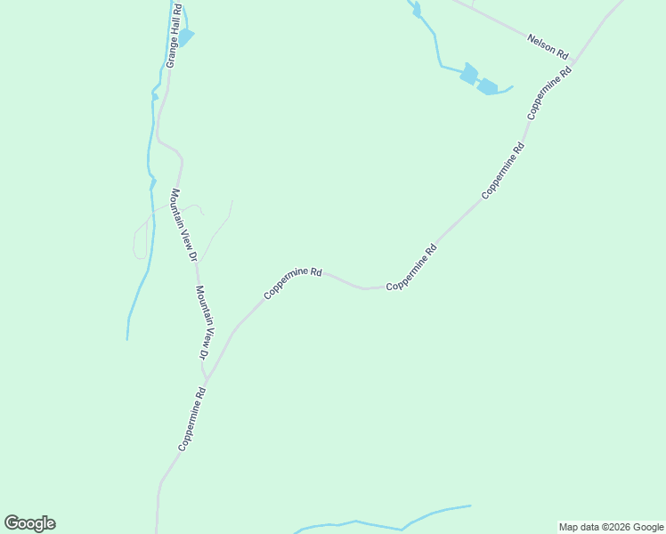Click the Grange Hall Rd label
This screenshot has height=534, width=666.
pyautogui.click(x=174, y=36)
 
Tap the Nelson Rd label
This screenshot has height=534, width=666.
pyautogui.click(x=547, y=46)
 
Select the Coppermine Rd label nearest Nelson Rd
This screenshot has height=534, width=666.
pyautogui.click(x=548, y=93)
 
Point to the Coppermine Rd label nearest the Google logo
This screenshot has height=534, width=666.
pyautogui.click(x=193, y=418)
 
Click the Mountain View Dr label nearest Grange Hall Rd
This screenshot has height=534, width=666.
pyautogui.click(x=183, y=224)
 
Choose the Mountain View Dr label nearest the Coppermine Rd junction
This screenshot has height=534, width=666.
pyautogui.click(x=206, y=322)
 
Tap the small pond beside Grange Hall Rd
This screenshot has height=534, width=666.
pyautogui.click(x=185, y=36)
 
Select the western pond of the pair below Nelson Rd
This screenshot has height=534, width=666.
pyautogui.click(x=468, y=74)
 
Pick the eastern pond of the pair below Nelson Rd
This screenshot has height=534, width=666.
pyautogui.click(x=488, y=86)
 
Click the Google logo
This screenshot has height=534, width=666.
pyautogui.click(x=29, y=523)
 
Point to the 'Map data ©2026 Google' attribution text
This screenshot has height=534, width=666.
pyautogui.click(x=611, y=527)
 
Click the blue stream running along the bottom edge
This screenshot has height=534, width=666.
pyautogui.click(x=383, y=524)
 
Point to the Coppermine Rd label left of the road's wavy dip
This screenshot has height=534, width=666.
pyautogui.click(x=292, y=282)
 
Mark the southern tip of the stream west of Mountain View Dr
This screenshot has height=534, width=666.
pyautogui.click(x=127, y=338)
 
